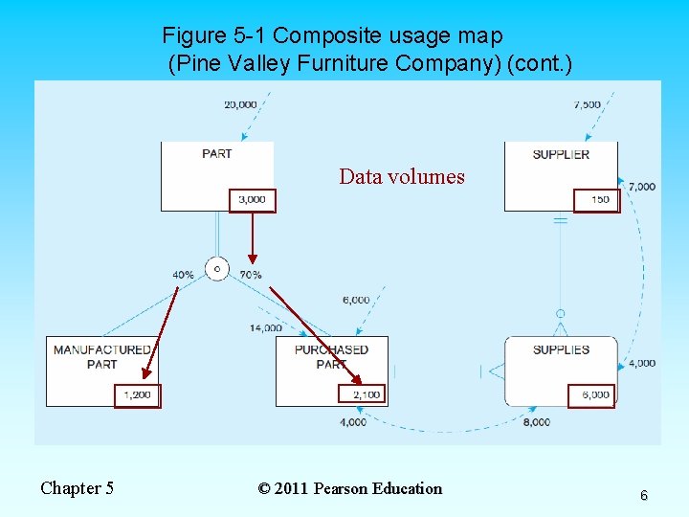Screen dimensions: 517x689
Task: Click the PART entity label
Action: [217, 153]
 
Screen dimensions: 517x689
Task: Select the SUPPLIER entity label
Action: [561, 154]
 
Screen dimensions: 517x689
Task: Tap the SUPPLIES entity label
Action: [561, 349]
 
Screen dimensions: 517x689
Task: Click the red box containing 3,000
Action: [253, 200]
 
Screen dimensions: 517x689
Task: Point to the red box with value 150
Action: [597, 200]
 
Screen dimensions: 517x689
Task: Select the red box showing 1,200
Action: [138, 394]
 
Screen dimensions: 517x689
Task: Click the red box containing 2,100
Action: [364, 394]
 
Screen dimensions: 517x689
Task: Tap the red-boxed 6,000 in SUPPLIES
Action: [591, 395]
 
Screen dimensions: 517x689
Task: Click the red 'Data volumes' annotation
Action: [402, 177]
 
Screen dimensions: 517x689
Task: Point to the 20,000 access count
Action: [239, 104]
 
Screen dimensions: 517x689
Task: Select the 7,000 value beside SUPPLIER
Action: [642, 187]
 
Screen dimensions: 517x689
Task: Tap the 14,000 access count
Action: [265, 328]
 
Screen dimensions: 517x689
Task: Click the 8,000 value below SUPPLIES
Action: [537, 422]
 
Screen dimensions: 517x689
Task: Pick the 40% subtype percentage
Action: [183, 275]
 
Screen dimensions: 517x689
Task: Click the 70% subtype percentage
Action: [251, 275]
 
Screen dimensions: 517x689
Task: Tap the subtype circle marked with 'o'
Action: [217, 269]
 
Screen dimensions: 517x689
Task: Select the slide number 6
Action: [643, 495]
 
